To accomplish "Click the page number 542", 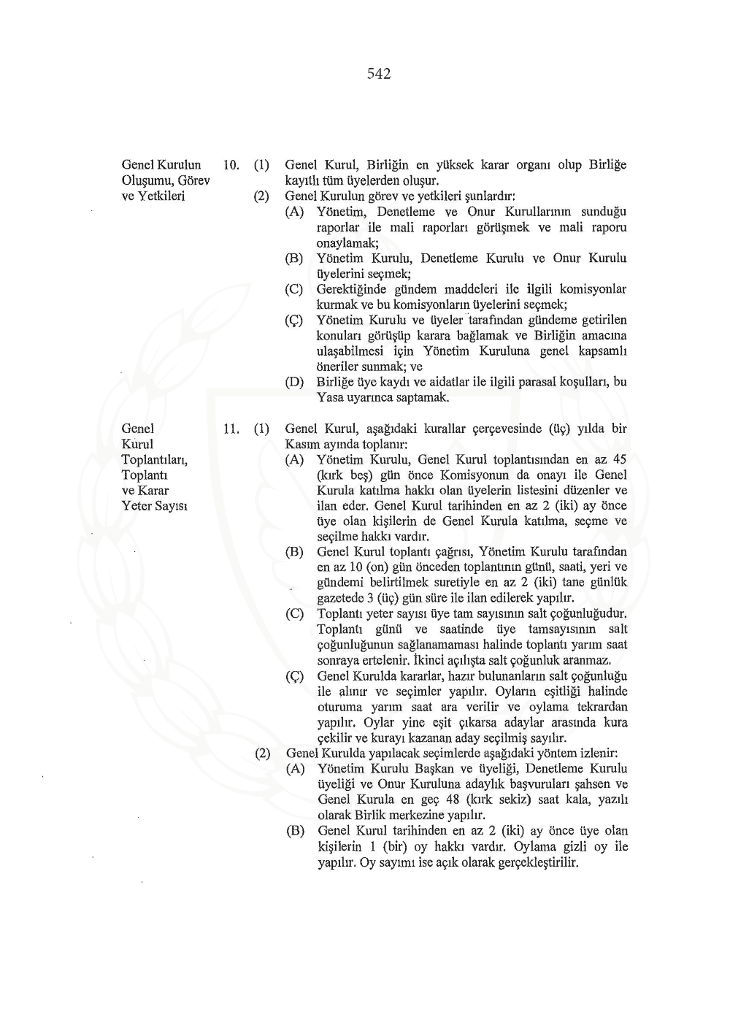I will (379, 74).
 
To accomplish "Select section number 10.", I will (231, 165).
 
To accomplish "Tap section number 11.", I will (231, 429).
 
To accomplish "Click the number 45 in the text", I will (619, 460).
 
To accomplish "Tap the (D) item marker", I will (294, 382).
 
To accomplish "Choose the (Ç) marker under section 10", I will (294, 321).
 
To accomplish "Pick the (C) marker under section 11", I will (294, 614).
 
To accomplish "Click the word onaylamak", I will (346, 243).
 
